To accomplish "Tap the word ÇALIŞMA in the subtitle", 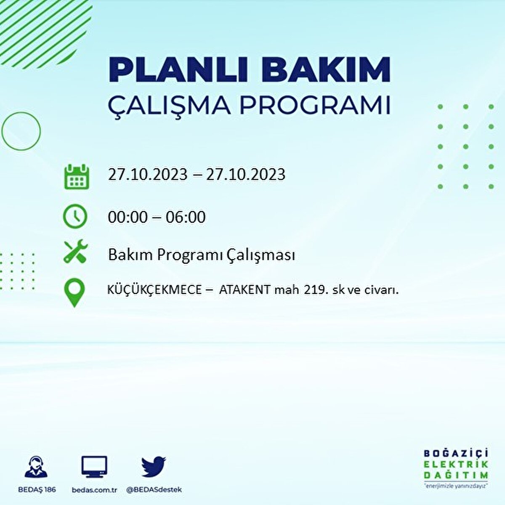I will point(169,106).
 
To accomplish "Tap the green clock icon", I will point(75,217).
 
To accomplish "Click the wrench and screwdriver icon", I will point(75,252).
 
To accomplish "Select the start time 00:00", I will point(128,217).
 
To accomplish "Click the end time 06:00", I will point(186,217).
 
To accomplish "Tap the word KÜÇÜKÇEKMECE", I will point(154,290).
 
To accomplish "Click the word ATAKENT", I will point(245,290).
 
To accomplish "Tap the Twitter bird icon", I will point(154,466).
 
